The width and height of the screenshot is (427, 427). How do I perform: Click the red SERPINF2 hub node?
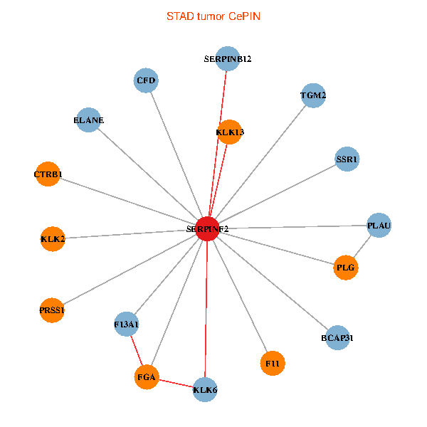tap(207, 229)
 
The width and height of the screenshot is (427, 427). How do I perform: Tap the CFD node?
tap(146, 80)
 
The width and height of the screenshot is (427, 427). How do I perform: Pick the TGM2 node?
tap(313, 95)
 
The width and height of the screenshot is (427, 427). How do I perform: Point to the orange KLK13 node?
tap(230, 132)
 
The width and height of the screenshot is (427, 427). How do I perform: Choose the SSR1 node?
tap(347, 159)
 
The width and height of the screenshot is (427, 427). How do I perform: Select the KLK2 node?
tap(53, 238)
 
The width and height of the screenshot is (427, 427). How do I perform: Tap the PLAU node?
tap(379, 226)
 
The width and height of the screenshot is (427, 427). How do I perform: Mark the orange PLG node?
tap(346, 268)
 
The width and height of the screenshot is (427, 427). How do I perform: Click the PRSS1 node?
tap(52, 310)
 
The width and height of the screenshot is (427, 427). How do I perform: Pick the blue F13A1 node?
tap(126, 325)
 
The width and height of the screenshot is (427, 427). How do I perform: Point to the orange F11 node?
tap(273, 363)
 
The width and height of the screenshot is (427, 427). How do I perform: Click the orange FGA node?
tap(147, 376)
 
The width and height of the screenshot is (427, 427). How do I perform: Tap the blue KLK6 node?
tap(205, 389)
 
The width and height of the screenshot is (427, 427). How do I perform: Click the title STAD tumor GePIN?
tap(213, 16)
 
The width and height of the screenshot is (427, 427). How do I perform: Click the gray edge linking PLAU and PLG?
tap(362, 247)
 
